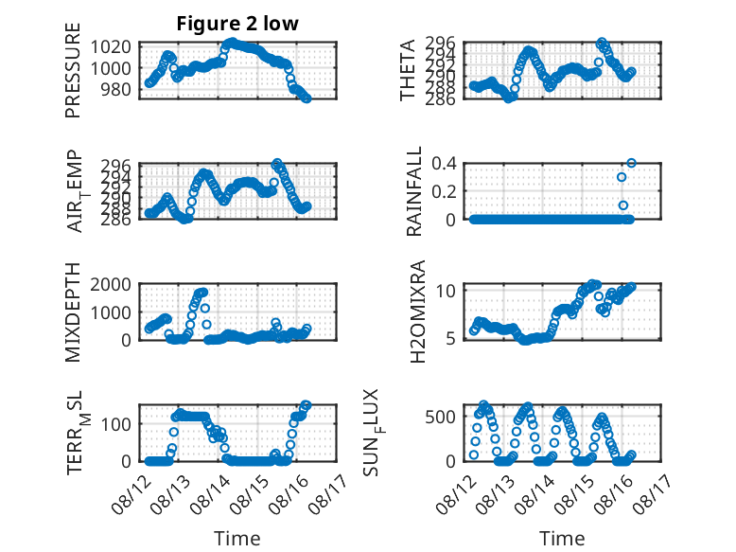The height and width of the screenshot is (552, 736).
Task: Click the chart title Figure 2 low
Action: click(x=237, y=24)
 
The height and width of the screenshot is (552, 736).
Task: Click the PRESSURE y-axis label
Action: click(x=73, y=70)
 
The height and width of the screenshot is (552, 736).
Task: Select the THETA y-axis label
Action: click(x=408, y=70)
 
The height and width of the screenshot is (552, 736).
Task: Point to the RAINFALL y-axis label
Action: click(x=414, y=191)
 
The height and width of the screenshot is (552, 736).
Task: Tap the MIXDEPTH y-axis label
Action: click(x=73, y=312)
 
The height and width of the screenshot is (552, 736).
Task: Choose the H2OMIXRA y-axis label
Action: click(x=417, y=312)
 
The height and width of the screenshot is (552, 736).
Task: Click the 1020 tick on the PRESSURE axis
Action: click(x=111, y=47)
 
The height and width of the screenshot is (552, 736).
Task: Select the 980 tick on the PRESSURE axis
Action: click(x=116, y=89)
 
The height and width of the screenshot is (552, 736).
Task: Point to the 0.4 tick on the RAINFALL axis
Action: click(x=444, y=164)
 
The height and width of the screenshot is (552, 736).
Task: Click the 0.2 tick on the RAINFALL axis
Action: click(x=444, y=191)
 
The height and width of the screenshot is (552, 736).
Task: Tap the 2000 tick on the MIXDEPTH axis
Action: click(x=111, y=284)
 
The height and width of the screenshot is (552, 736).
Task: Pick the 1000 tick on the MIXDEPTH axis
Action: click(x=111, y=312)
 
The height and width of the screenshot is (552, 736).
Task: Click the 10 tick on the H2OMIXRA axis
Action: click(x=446, y=291)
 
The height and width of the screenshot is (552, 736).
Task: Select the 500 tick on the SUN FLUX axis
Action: click(x=440, y=417)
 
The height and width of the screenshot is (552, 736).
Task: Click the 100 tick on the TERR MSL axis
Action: click(x=116, y=424)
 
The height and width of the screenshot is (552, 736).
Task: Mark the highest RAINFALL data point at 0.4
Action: click(x=631, y=163)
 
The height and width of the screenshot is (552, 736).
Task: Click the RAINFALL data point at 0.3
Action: click(x=622, y=177)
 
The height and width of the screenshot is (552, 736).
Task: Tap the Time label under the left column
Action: click(x=237, y=538)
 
